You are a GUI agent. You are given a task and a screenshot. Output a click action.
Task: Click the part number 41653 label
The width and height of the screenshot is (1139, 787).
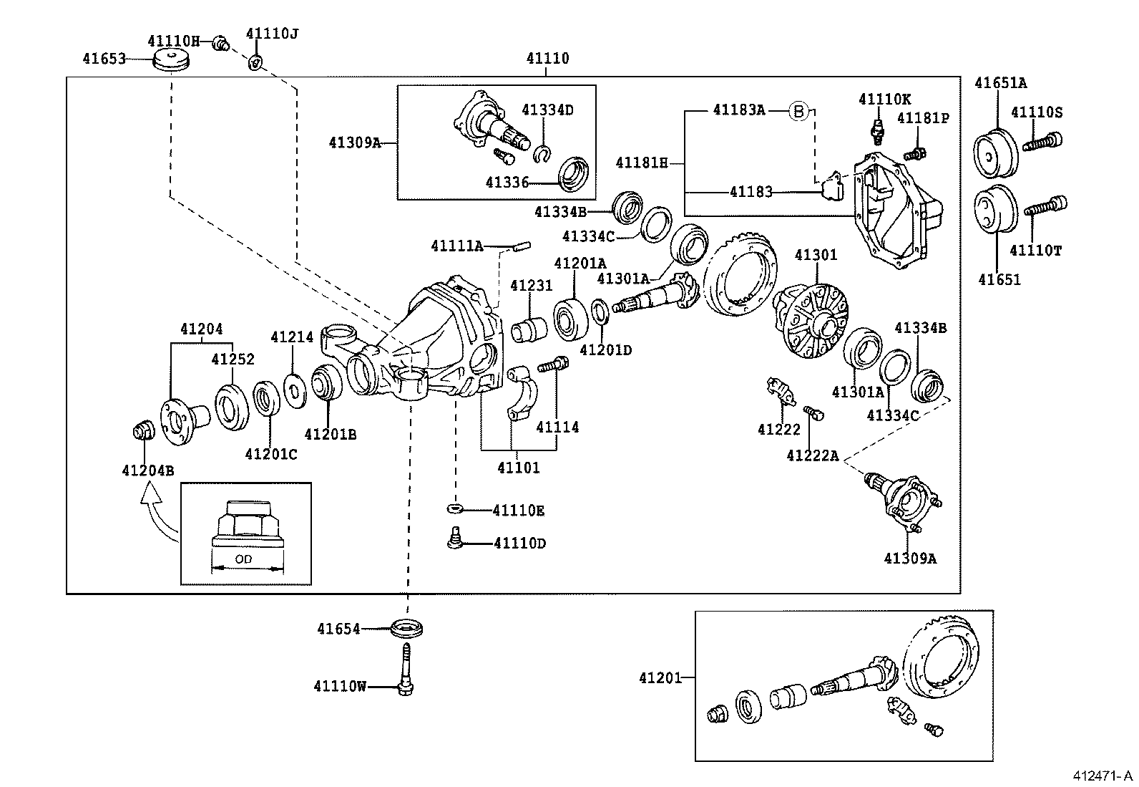coord(104,58)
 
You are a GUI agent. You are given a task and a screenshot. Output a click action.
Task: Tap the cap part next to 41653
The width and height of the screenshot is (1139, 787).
coord(172,60)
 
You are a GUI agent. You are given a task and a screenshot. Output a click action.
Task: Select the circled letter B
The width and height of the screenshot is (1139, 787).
coord(798,110)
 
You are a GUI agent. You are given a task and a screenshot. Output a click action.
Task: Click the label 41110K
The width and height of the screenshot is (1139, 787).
coord(885,99)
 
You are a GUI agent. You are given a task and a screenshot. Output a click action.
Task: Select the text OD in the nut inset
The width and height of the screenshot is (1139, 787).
coord(243,559)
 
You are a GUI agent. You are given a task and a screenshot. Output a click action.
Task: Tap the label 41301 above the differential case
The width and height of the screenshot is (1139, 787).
coord(816,256)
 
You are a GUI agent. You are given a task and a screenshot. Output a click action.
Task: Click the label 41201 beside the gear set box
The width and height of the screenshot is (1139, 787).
coord(660,677)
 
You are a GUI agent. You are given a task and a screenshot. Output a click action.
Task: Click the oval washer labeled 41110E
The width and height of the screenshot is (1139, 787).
coord(454,508)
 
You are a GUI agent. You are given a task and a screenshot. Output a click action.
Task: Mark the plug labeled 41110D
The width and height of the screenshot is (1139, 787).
coord(453,538)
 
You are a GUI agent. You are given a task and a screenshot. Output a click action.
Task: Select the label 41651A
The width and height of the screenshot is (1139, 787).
coord(1000,83)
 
